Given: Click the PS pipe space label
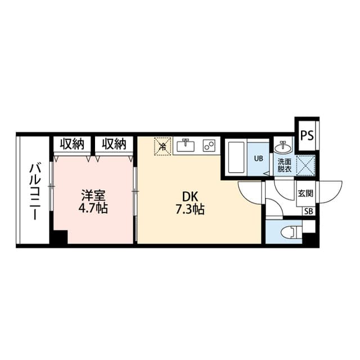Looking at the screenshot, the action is tap(307, 136).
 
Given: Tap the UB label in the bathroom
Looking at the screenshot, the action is tap(258, 159).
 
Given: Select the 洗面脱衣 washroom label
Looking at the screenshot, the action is tap(285, 165).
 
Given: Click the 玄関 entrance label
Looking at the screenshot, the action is tap(305, 193).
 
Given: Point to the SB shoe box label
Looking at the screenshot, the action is tap(309, 211).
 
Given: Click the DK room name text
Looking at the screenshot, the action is tap(190, 197).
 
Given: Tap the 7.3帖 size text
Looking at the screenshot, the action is tap(190, 209).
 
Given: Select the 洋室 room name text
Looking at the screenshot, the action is tap(93, 196).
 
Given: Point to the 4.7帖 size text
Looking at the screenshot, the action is tap(93, 208).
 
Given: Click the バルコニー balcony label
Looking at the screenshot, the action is tap(35, 192).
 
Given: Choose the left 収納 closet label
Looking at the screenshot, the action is tap(72, 144).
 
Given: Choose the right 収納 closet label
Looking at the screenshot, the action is tap(114, 144).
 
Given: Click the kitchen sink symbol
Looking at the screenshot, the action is tap(186, 145).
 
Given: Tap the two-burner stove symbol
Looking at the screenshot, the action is tap(209, 146).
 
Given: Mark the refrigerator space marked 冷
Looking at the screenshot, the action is tap(163, 146).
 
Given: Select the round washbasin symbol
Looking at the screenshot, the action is tap(283, 147).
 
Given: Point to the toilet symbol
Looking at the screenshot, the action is tap(291, 232).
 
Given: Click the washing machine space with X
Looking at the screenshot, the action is tap(305, 165).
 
